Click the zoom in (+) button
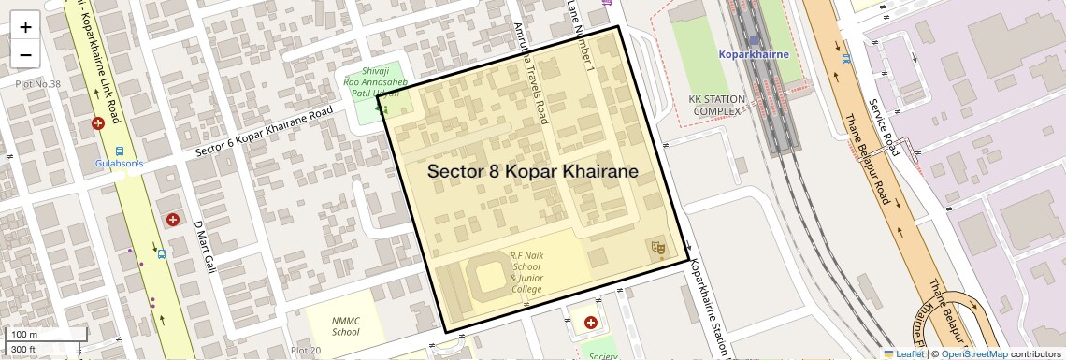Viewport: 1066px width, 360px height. [x=25, y=26]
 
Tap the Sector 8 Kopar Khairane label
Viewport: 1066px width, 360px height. [x=532, y=172]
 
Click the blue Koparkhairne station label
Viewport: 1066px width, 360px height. [x=754, y=54]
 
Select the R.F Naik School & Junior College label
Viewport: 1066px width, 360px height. [x=526, y=272]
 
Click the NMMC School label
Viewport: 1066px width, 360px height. [x=345, y=325]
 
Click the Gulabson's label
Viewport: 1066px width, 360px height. [x=119, y=163]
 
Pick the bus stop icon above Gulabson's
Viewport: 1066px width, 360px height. [x=120, y=151]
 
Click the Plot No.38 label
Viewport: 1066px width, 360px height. [x=37, y=85]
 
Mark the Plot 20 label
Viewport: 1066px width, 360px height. [x=305, y=351]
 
